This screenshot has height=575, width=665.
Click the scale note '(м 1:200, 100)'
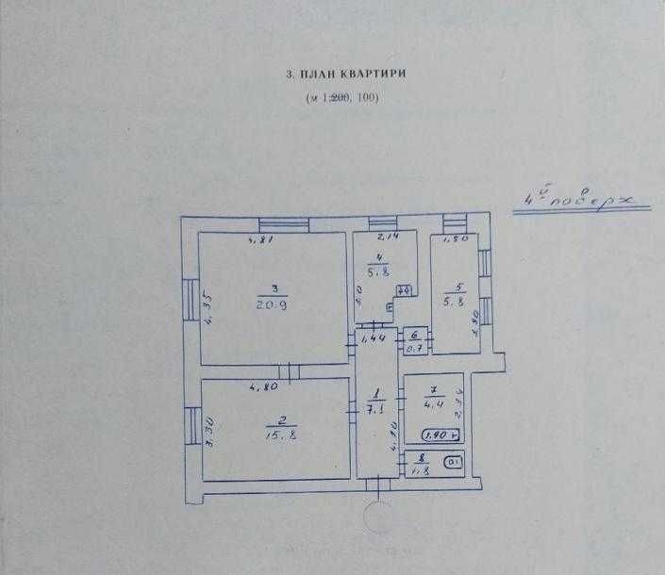(x=341, y=98)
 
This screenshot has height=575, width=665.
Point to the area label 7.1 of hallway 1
(x=374, y=410)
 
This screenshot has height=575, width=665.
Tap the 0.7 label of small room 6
(x=414, y=349)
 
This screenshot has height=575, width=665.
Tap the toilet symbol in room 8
(x=454, y=462)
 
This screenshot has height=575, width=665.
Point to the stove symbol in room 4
(x=403, y=290)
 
